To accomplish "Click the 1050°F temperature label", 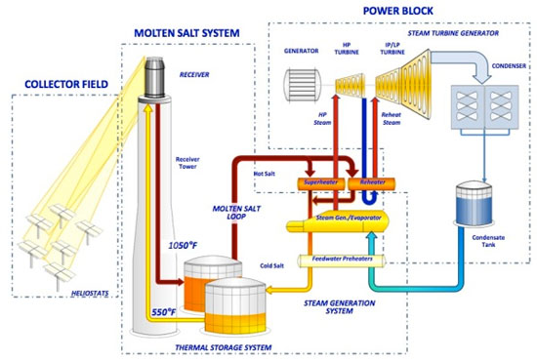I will [x=188, y=243].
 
